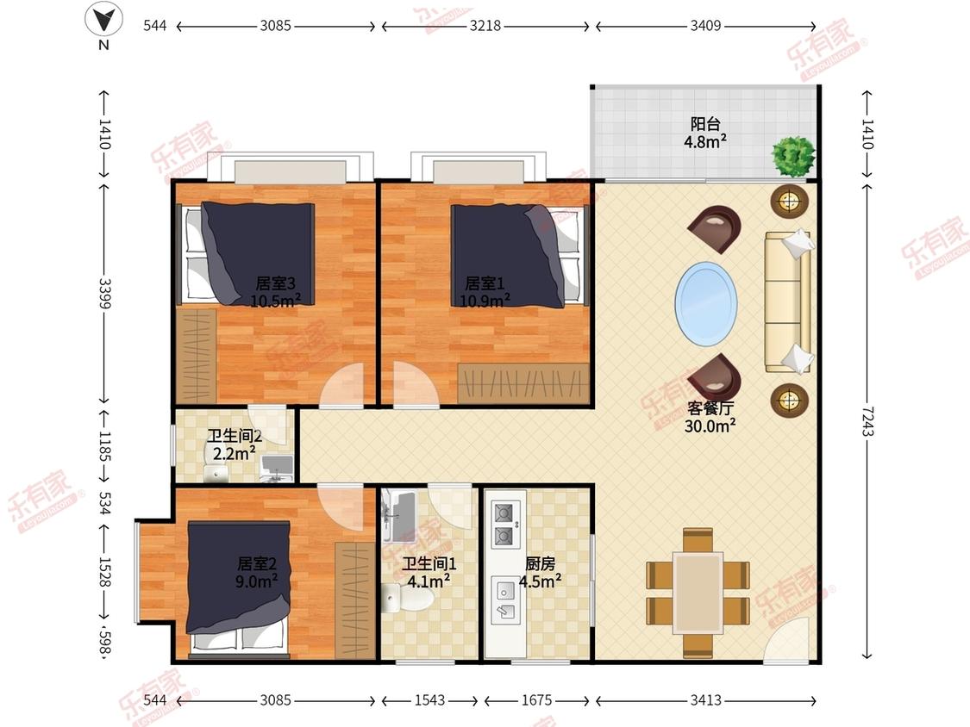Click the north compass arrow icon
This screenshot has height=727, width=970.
103,19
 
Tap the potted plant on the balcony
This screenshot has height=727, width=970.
793,156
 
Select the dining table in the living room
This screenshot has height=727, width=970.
698,593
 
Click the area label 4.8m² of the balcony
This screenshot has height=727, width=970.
705,141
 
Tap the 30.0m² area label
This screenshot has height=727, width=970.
710,426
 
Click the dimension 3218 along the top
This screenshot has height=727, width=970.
485,25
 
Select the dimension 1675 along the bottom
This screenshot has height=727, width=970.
536,699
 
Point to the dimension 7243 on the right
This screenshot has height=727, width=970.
867,420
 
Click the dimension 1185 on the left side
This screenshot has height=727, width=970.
104,446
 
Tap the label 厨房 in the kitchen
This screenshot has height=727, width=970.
540,563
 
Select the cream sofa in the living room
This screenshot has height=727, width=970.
788,302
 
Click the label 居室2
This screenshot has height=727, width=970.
257,563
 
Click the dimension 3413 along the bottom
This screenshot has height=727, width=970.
706,699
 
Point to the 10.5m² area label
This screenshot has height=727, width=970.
276,301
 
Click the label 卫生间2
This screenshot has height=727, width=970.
235,436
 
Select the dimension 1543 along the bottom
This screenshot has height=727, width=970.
430,699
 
